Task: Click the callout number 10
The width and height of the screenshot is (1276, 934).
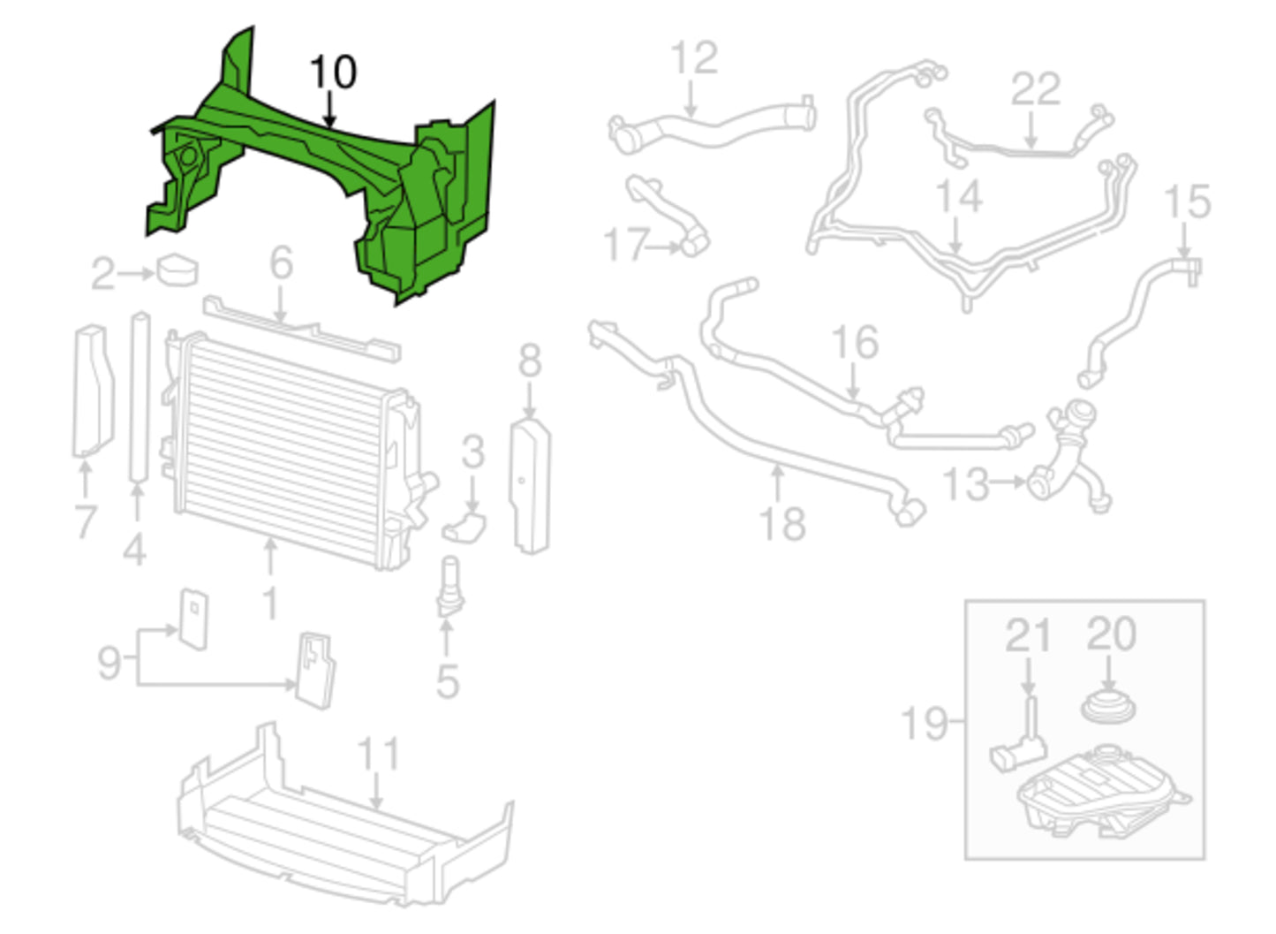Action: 333,72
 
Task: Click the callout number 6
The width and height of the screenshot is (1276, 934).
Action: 281,262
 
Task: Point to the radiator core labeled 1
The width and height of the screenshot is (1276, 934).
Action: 283,442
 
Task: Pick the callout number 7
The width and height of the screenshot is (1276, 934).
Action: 85,520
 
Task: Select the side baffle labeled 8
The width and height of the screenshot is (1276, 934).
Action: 531,486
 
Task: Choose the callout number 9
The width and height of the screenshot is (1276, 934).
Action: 109,661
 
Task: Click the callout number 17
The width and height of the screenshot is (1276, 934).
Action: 626,245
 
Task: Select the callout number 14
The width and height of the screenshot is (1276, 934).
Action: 959,196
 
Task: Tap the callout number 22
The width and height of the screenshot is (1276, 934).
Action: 1035,89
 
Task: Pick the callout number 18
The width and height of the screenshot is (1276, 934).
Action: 782,523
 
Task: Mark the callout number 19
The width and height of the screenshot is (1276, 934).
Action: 924,723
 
